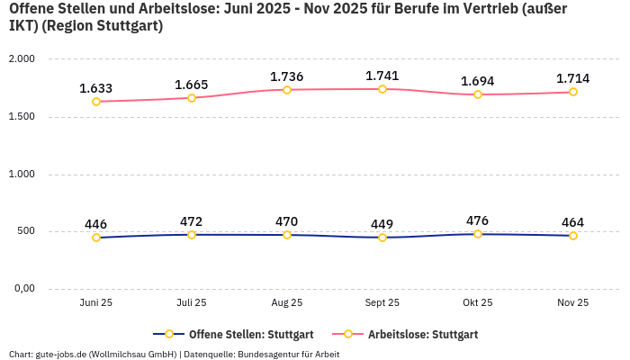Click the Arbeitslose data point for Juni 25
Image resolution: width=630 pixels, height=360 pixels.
96,102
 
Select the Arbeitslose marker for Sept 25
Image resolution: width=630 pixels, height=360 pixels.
382,89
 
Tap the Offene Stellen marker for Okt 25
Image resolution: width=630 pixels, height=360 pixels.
478,234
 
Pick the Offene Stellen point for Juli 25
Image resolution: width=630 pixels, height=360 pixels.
192,235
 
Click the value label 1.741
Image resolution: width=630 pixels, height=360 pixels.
382,76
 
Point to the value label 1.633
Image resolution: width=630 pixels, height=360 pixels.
96,88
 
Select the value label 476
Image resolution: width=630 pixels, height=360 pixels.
478,220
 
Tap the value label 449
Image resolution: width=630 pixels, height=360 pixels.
382,224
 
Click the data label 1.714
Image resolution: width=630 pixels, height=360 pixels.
572,79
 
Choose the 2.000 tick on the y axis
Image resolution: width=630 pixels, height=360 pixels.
21,59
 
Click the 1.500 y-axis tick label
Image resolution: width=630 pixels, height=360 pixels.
21,117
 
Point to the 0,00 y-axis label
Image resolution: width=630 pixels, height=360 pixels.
22,289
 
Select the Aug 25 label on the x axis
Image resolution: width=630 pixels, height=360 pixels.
287,303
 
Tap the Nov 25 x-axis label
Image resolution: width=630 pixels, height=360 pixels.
572,303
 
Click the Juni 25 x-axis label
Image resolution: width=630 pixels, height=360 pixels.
96,303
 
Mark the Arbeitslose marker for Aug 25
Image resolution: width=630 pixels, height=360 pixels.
287,90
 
